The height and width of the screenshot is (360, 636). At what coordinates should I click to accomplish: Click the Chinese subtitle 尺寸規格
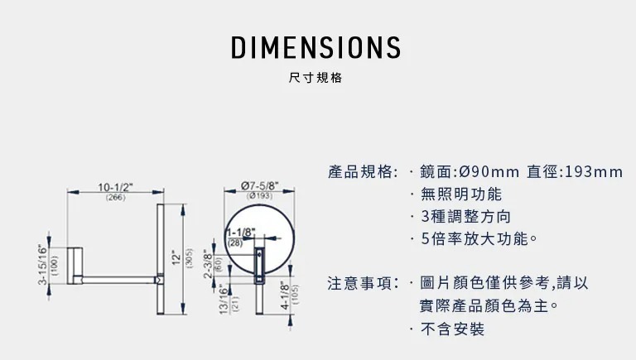click(x=316, y=79)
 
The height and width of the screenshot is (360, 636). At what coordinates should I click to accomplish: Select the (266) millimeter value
click(x=116, y=197)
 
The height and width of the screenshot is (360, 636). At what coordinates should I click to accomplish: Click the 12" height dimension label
click(x=176, y=258)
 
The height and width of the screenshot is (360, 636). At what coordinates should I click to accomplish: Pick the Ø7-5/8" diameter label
click(x=259, y=185)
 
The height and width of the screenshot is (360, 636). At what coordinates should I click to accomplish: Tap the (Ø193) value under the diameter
click(x=259, y=196)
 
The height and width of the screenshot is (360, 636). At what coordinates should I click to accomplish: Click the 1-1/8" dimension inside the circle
click(x=241, y=233)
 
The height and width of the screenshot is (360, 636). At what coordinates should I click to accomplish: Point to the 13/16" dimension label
click(x=224, y=299)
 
